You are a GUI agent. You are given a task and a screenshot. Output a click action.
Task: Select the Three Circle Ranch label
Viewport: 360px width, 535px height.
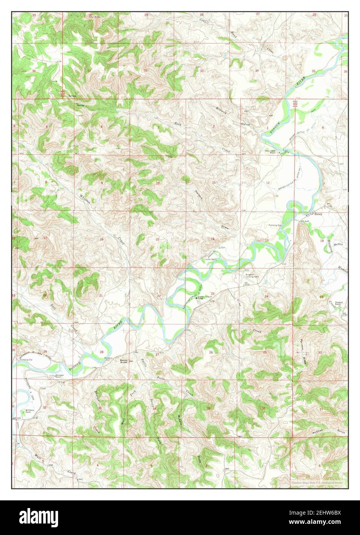(x=270, y=152)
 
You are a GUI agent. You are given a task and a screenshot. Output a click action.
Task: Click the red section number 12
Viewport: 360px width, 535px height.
(x=267, y=182)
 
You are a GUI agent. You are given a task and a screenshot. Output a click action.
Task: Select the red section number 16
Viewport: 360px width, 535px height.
(x=102, y=239)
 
